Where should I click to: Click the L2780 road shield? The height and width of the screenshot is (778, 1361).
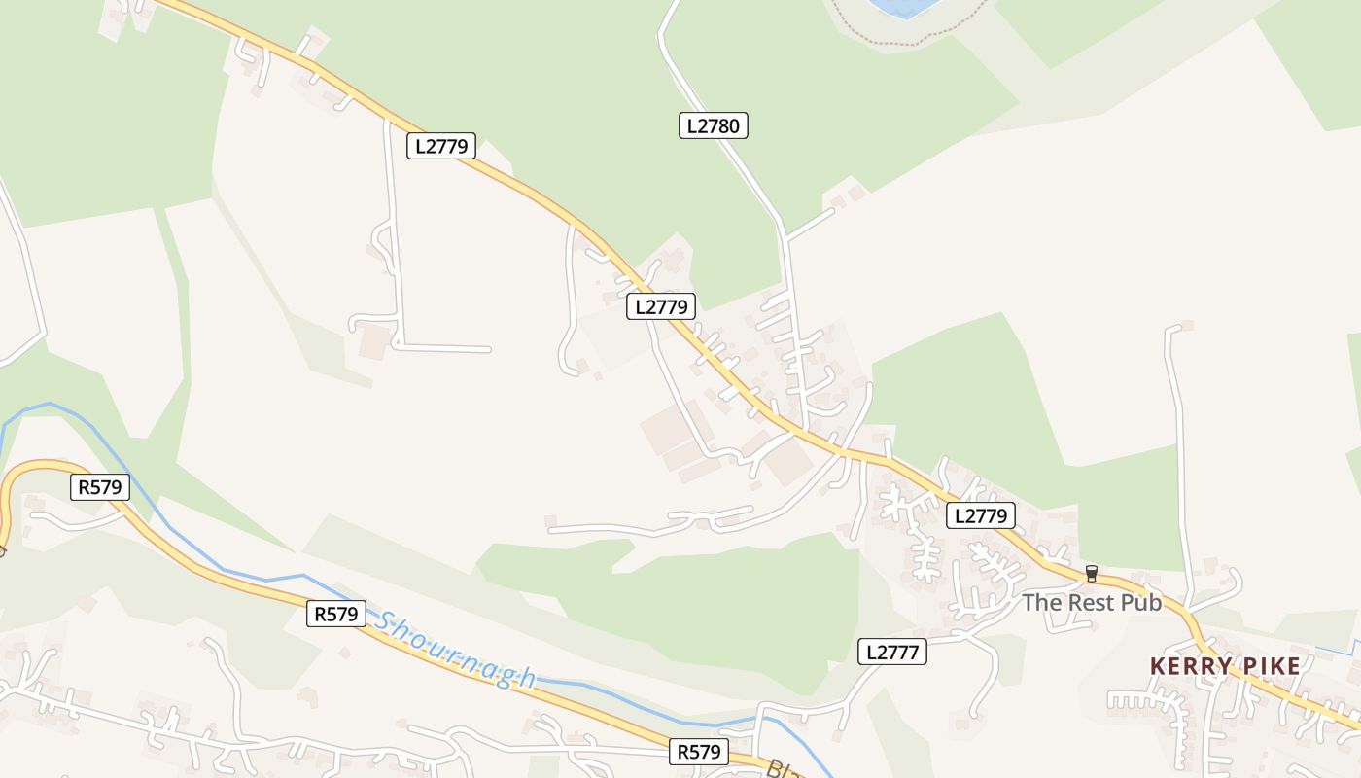pyautogui.click(x=713, y=125)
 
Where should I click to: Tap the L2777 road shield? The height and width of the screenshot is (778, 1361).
pyautogui.click(x=891, y=652)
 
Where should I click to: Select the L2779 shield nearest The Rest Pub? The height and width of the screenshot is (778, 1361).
pyautogui.click(x=981, y=515)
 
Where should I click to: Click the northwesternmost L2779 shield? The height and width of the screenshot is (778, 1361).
pyautogui.click(x=440, y=147)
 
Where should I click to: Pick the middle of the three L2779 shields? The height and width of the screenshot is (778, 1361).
pyautogui.click(x=660, y=307)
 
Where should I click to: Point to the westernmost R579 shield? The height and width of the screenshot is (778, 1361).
pyautogui.click(x=100, y=487)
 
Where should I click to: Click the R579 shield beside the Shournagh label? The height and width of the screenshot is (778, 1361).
pyautogui.click(x=336, y=614)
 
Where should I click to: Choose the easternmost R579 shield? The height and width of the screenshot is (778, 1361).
pyautogui.click(x=699, y=752)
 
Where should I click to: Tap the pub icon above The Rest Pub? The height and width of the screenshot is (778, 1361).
pyautogui.click(x=1091, y=574)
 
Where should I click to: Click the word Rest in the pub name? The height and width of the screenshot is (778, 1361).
pyautogui.click(x=1091, y=603)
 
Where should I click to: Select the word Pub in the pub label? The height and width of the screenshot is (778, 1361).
pyautogui.click(x=1141, y=603)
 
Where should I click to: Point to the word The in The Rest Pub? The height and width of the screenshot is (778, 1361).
pyautogui.click(x=1041, y=603)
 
